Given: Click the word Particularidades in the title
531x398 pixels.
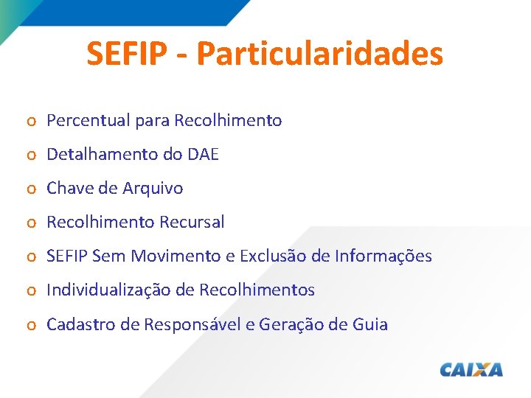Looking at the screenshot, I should pyautogui.click(x=320, y=54).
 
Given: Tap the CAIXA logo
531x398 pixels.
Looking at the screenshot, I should pyautogui.click(x=471, y=369).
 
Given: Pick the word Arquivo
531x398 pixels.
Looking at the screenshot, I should pyautogui.click(x=152, y=188).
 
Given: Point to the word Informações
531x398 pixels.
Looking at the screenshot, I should pyautogui.click(x=383, y=256).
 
